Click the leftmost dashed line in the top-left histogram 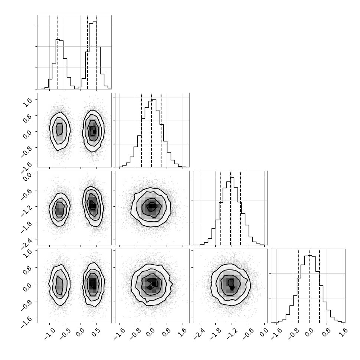coord(58,52)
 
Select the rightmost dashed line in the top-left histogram coord(96,52)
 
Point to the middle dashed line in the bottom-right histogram coord(309,286)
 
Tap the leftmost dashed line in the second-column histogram coord(141,130)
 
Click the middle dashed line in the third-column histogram coord(230,208)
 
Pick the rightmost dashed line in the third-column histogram coord(240,208)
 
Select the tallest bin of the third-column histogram coord(232,211)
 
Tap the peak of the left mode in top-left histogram coord(58,39)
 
